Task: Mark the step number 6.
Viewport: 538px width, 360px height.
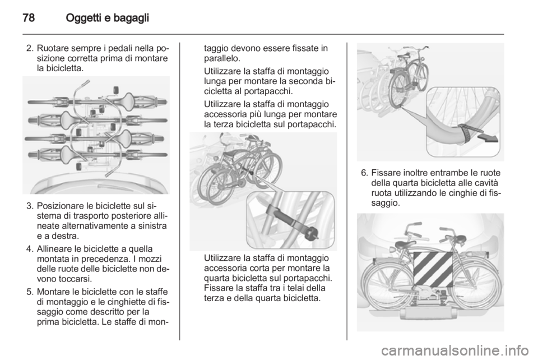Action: coord(364,173)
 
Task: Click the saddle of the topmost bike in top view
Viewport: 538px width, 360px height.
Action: coord(122,101)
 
